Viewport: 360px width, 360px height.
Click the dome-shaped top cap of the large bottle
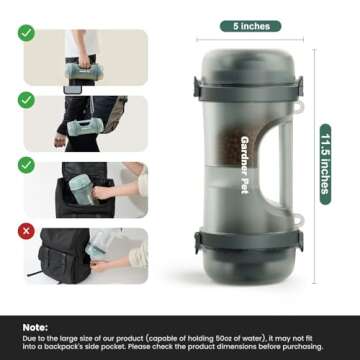pos(239,55)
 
